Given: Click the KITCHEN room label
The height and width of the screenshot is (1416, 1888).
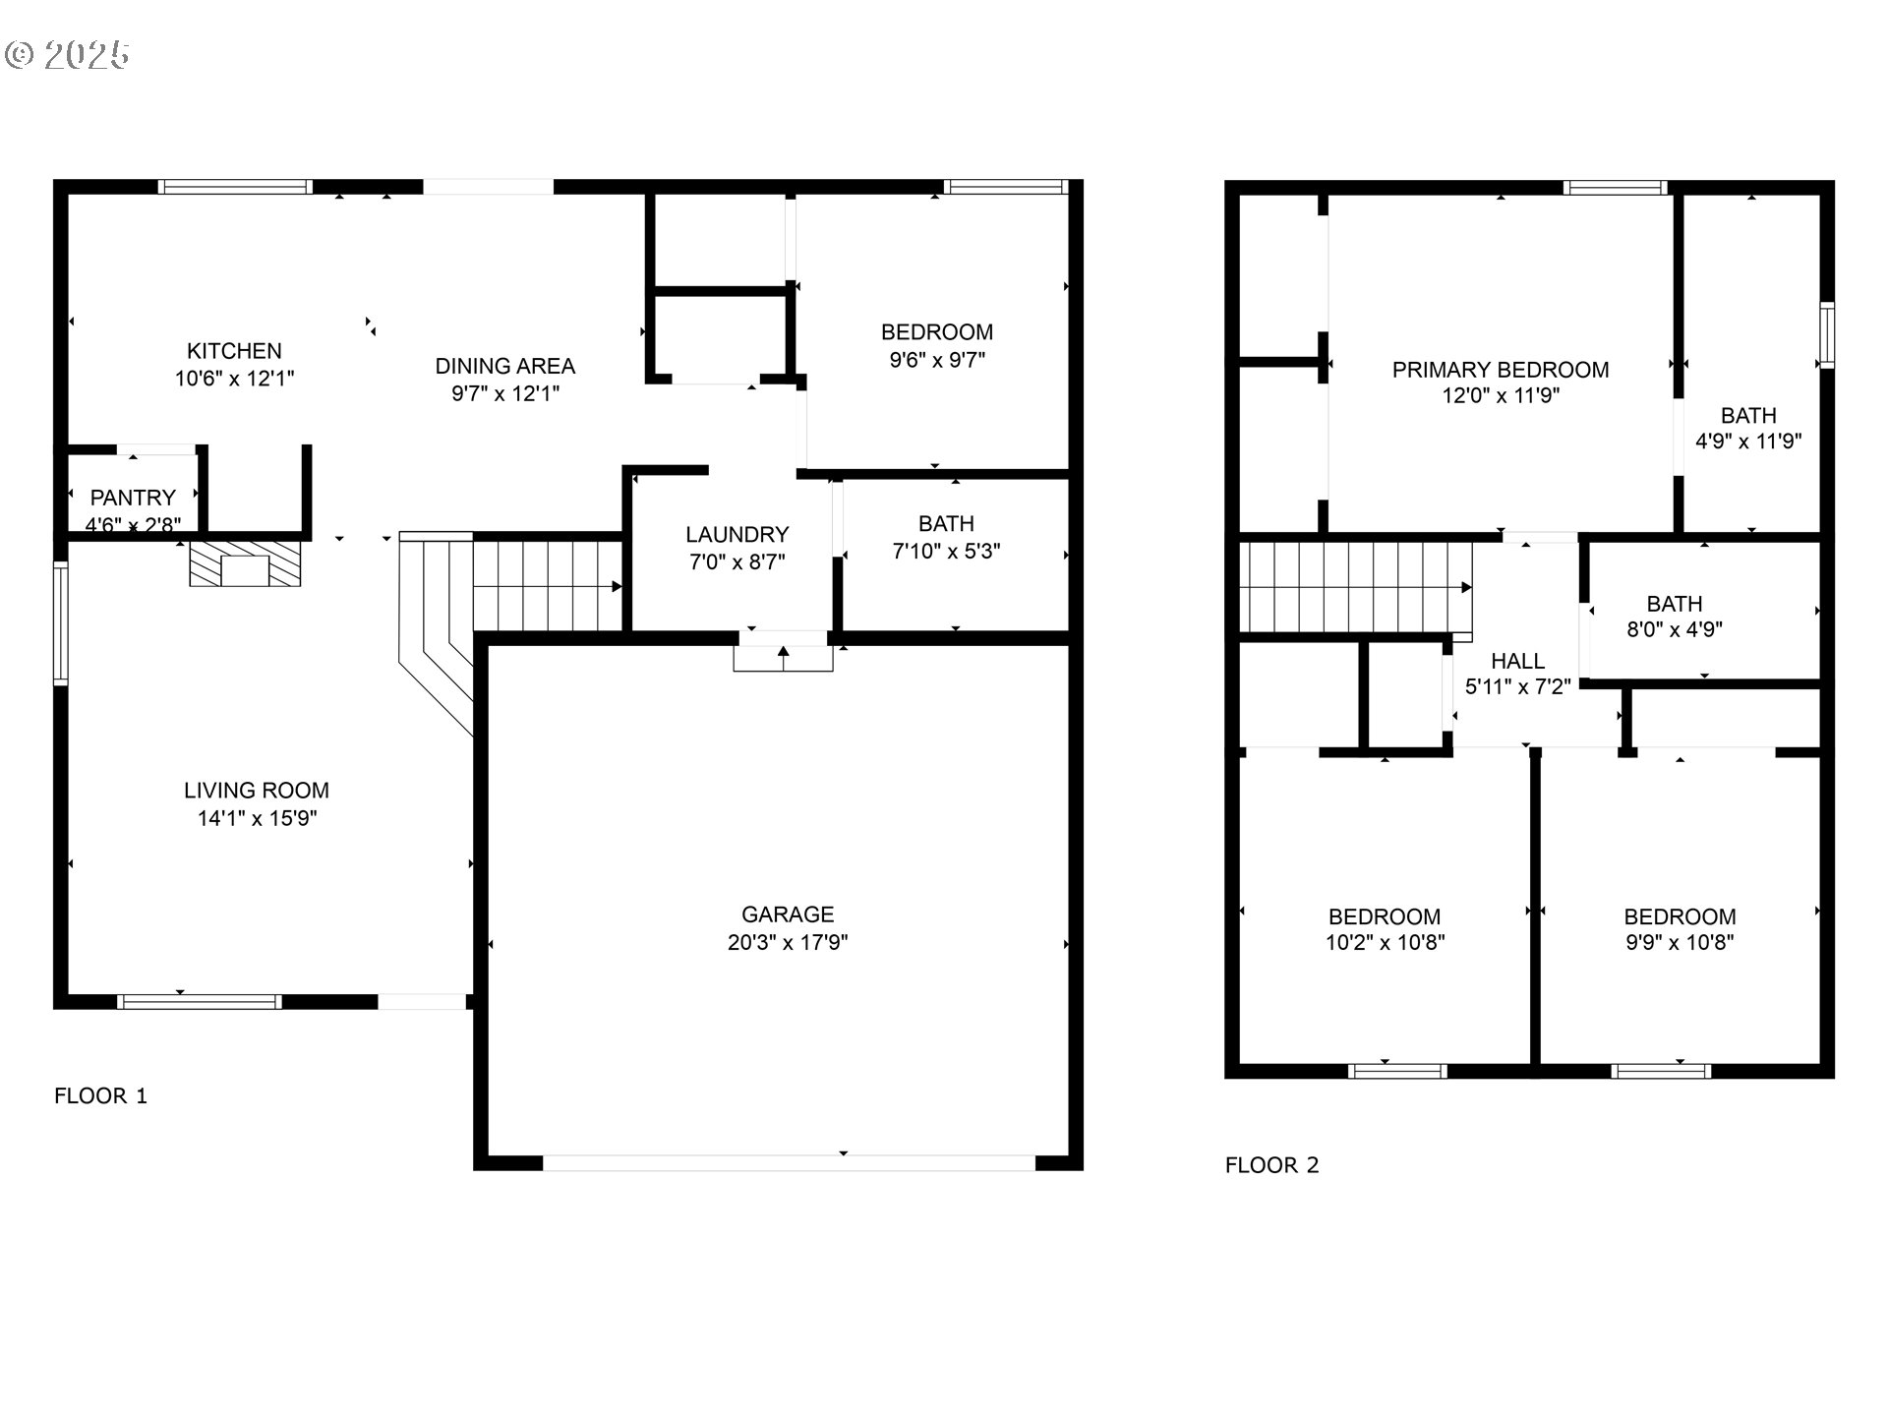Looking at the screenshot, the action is click(234, 351).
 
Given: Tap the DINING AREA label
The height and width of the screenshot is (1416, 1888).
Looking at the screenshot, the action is click(505, 366).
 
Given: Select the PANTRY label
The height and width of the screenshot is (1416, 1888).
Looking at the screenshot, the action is click(133, 498).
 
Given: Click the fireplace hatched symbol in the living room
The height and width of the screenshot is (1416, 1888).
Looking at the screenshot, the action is click(245, 563).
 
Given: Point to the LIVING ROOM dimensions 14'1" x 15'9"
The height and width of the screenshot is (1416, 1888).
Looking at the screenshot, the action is click(257, 818).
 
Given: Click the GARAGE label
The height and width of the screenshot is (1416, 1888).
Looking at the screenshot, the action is click(788, 914).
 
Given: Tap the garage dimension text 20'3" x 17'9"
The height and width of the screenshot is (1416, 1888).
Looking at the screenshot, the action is click(788, 942).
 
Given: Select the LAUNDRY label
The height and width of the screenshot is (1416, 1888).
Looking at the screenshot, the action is click(737, 535).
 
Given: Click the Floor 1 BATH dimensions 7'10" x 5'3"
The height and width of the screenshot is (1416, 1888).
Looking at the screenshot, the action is click(946, 552).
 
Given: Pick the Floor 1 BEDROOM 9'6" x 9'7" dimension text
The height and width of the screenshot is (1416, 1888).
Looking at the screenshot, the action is click(937, 360).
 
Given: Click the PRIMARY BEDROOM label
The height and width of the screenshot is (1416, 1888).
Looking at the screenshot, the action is click(1501, 370).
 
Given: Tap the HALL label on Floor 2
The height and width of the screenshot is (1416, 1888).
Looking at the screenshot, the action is click(1517, 661).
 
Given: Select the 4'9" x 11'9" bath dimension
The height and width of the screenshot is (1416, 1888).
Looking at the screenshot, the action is click(1748, 442).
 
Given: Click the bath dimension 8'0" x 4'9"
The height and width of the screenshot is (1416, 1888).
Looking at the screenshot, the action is click(1675, 629).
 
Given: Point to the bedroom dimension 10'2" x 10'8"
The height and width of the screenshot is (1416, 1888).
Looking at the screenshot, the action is click(1385, 943).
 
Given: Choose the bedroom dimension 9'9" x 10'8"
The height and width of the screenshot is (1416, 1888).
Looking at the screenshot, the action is click(1680, 943).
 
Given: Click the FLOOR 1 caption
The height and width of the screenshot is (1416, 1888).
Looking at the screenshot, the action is click(100, 1095).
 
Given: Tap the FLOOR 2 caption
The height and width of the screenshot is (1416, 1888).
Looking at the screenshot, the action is click(1271, 1165).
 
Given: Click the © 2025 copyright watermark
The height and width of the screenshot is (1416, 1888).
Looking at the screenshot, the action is click(67, 54).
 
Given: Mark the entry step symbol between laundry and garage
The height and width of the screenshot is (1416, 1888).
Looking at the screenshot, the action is click(783, 657).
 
